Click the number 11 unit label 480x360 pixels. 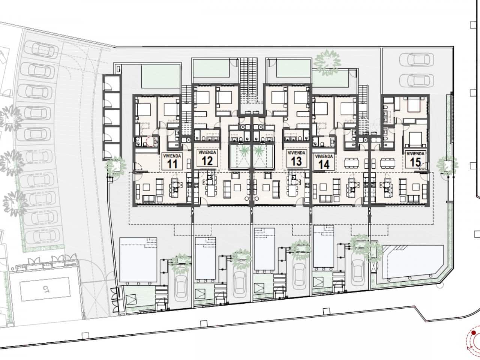(172, 164)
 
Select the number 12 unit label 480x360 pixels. (207, 161)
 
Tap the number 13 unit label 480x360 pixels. (296, 162)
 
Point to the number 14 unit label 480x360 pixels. (324, 165)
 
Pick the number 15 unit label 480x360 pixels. (415, 162)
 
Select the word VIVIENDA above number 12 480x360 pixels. (207, 152)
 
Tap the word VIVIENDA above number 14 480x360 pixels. (324, 156)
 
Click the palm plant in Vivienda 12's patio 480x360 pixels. (244, 150)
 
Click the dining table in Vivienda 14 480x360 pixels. (351, 163)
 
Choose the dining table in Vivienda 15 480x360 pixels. (388, 163)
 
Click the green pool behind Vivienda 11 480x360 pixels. (160, 76)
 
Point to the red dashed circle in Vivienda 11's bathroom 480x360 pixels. (150, 142)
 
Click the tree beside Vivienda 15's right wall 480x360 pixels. (447, 164)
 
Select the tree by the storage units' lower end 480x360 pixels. (115, 166)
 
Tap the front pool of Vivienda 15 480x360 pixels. (413, 262)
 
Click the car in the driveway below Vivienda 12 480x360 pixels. (240, 283)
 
